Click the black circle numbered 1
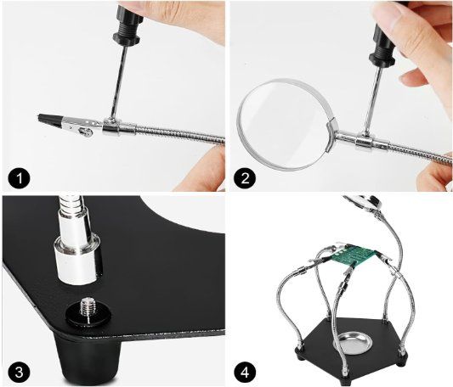tap(19, 178)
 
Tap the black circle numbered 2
tap(245, 178)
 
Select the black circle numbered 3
tap(19, 373)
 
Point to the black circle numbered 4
tap(245, 373)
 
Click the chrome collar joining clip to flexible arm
tap(119, 128)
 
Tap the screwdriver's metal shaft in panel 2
tap(373, 98)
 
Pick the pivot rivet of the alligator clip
tap(87, 132)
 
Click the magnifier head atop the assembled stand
tap(362, 202)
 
